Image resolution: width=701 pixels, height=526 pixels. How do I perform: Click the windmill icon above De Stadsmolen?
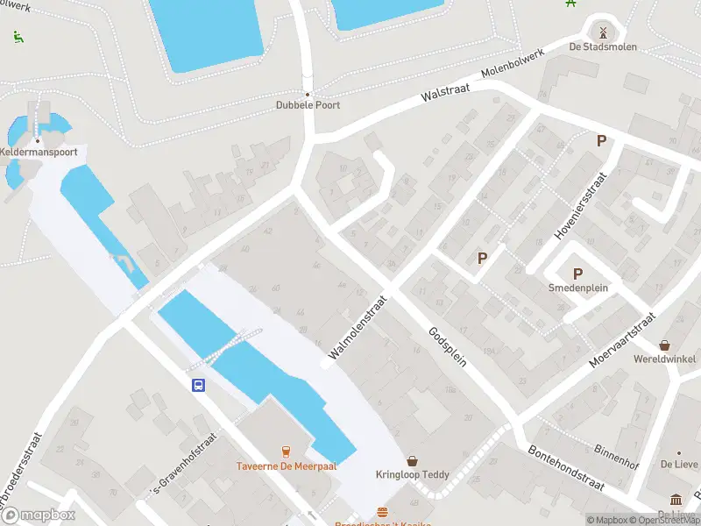coord(603,31)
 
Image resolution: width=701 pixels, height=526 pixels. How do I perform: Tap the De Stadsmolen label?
coord(603,46)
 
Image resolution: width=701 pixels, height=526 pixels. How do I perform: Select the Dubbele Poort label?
coord(308,105)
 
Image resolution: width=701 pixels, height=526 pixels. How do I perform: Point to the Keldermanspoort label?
coord(39,152)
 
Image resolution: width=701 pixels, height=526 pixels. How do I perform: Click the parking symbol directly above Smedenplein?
coord(577,274)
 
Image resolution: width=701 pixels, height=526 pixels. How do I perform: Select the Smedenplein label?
coord(577,288)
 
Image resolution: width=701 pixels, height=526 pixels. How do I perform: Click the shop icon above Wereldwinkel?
coord(665,345)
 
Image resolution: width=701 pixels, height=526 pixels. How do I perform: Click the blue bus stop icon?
coord(199,385)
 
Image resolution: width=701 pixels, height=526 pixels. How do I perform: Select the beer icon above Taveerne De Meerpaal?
coord(284,451)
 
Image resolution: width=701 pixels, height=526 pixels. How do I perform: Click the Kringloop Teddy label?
coord(412,475)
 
